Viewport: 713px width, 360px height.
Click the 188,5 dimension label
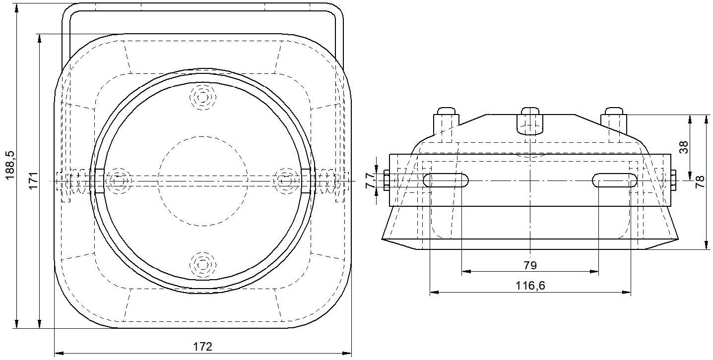[9, 166]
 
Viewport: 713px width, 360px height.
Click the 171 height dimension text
[33, 181]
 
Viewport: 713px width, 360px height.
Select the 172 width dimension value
[202, 346]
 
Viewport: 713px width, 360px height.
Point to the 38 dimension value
[684, 147]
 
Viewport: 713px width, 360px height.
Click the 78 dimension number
[700, 181]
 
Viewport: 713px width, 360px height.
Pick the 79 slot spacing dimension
[530, 265]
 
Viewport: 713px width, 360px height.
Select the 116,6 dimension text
[530, 286]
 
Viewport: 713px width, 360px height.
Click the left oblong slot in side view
[446, 180]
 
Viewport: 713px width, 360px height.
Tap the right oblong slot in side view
[614, 180]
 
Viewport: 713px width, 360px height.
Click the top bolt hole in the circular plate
[202, 97]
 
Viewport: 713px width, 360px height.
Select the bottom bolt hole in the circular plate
[202, 265]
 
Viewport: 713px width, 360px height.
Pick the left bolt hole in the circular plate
[118, 181]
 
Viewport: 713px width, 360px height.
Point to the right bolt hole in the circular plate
[286, 181]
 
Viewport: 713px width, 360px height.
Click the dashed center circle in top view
[202, 181]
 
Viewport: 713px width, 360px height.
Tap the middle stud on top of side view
[530, 120]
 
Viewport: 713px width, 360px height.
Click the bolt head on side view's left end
[386, 180]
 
